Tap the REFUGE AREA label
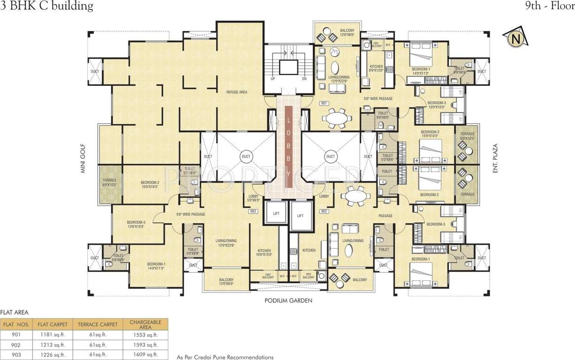[236, 92]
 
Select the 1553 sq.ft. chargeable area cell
[145, 335]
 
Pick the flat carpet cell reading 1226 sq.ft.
[53, 354]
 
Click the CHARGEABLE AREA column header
[145, 324]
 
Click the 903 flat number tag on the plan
[253, 211]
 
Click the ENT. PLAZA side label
[494, 159]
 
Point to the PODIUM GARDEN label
[288, 301]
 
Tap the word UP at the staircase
[272, 79]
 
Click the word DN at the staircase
[304, 79]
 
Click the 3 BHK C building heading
[47, 6]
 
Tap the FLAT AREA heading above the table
[15, 312]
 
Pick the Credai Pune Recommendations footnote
[225, 357]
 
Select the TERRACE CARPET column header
[98, 324]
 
